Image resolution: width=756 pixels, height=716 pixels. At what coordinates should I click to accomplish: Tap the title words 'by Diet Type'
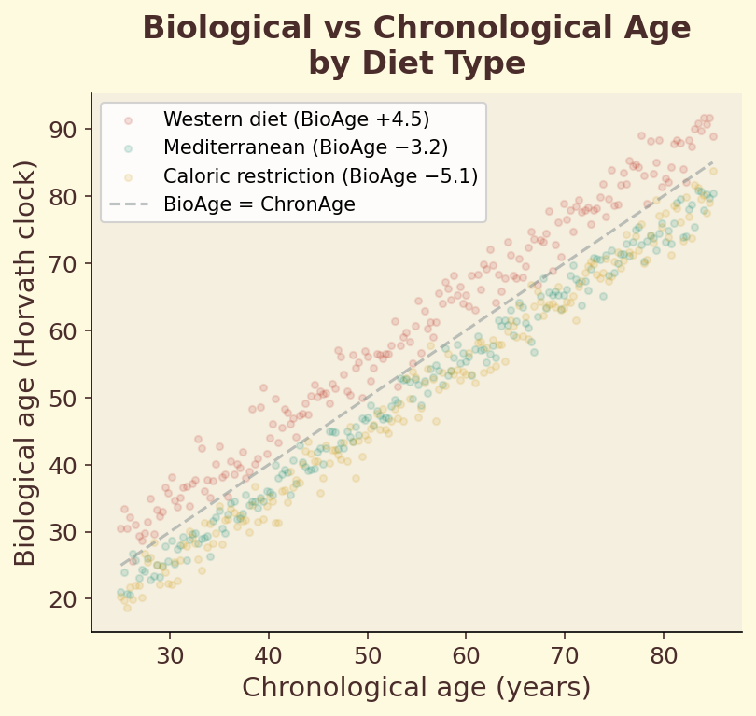(416, 63)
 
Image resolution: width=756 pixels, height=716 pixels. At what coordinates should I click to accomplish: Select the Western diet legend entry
(296, 119)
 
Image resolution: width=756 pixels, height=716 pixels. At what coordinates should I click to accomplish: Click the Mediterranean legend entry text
(305, 147)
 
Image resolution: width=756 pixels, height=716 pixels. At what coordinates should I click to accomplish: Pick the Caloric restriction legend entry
(320, 175)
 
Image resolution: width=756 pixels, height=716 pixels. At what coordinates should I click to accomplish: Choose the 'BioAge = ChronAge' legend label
(259, 204)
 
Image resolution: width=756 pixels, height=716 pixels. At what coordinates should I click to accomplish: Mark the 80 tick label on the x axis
(664, 651)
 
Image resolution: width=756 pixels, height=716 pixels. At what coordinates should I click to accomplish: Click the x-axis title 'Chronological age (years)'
(416, 688)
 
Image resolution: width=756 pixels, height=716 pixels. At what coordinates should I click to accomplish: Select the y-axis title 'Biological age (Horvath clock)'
(26, 362)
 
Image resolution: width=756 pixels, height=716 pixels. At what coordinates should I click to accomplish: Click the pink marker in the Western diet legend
(129, 119)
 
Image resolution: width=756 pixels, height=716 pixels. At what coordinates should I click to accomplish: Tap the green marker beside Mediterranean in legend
(129, 147)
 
